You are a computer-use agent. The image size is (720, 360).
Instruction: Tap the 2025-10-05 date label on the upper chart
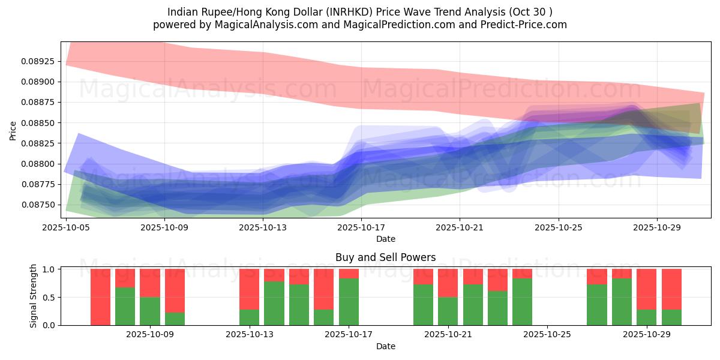[65, 227]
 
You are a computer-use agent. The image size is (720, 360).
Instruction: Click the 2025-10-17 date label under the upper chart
[361, 227]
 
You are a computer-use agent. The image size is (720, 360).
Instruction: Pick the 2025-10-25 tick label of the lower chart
[547, 335]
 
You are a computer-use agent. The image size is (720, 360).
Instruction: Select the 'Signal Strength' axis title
[34, 296]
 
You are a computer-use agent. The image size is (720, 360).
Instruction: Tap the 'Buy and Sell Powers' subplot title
[385, 257]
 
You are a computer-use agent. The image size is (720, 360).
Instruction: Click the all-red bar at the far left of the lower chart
[100, 297]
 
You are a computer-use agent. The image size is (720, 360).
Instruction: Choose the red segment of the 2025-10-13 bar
[249, 289]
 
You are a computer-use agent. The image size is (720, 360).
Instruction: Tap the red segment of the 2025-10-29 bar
[647, 289]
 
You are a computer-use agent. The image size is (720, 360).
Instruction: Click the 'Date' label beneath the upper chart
[385, 239]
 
